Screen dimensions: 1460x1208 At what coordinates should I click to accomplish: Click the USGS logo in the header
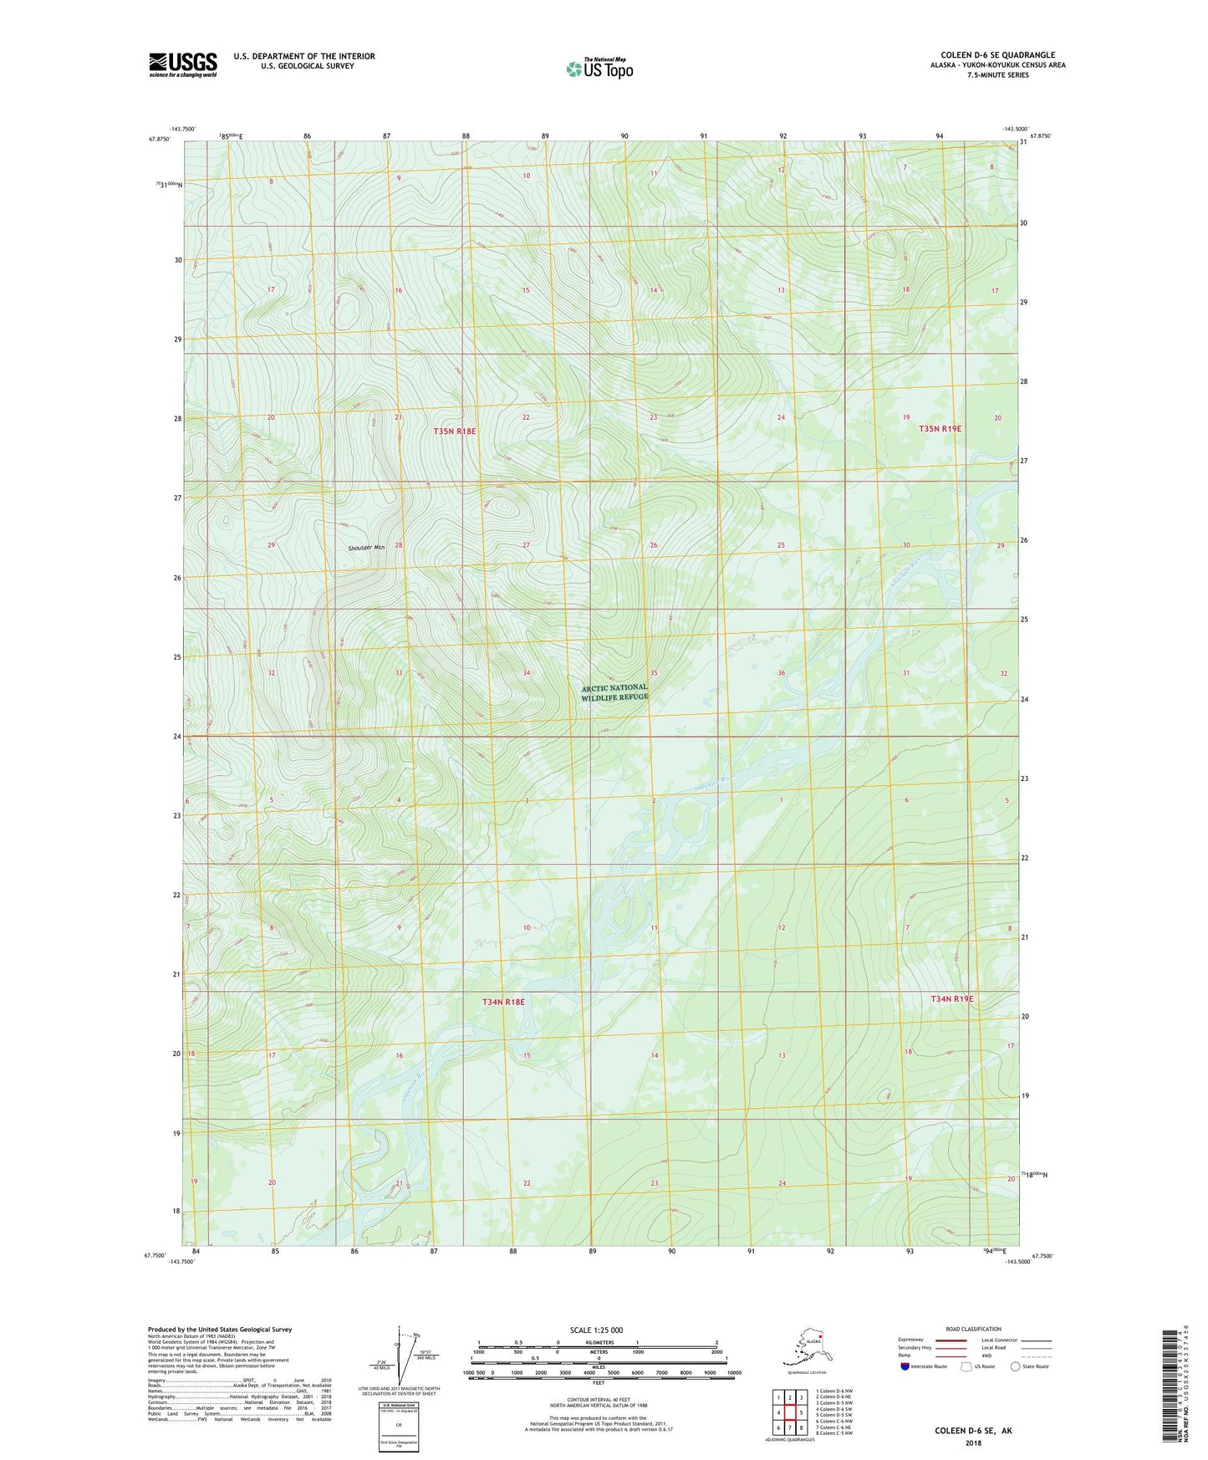[183, 64]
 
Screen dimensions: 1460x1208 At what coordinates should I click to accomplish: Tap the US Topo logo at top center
[599, 68]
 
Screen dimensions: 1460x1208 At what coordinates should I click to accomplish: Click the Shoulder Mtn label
[366, 548]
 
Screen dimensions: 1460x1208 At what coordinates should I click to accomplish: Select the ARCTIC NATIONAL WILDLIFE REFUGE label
[614, 692]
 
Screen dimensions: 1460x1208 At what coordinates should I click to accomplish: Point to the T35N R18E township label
[455, 431]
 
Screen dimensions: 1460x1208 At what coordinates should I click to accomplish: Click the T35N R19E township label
[940, 428]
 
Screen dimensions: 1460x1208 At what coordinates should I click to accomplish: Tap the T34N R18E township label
[503, 1001]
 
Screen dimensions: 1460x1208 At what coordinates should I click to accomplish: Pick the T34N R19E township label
[952, 998]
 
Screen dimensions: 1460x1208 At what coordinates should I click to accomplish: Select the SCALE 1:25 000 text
[596, 1330]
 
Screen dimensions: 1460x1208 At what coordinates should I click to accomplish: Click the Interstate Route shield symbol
[905, 1366]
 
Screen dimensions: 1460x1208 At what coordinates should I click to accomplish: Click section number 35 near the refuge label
[654, 673]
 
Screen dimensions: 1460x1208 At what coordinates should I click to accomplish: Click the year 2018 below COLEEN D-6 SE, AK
[973, 1442]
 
